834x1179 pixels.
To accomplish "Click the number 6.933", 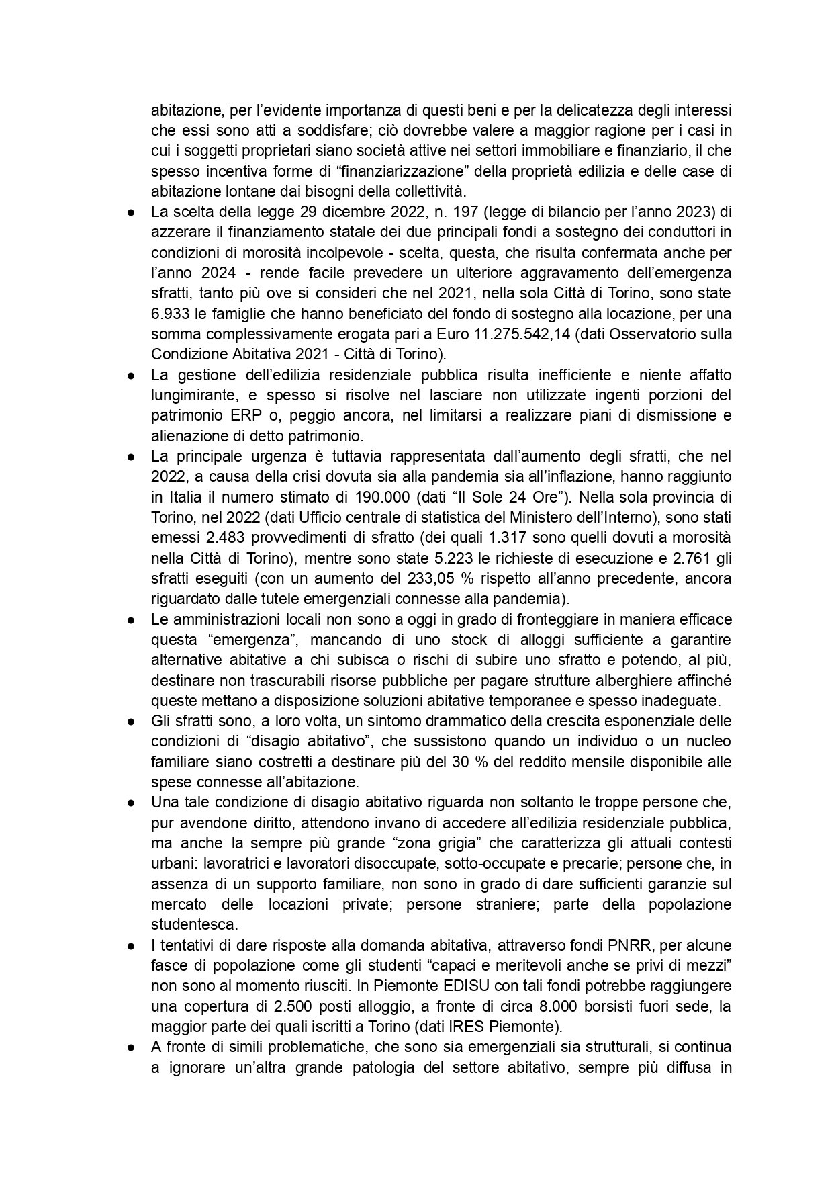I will (168, 314).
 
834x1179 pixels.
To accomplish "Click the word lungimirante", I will (191, 395).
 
